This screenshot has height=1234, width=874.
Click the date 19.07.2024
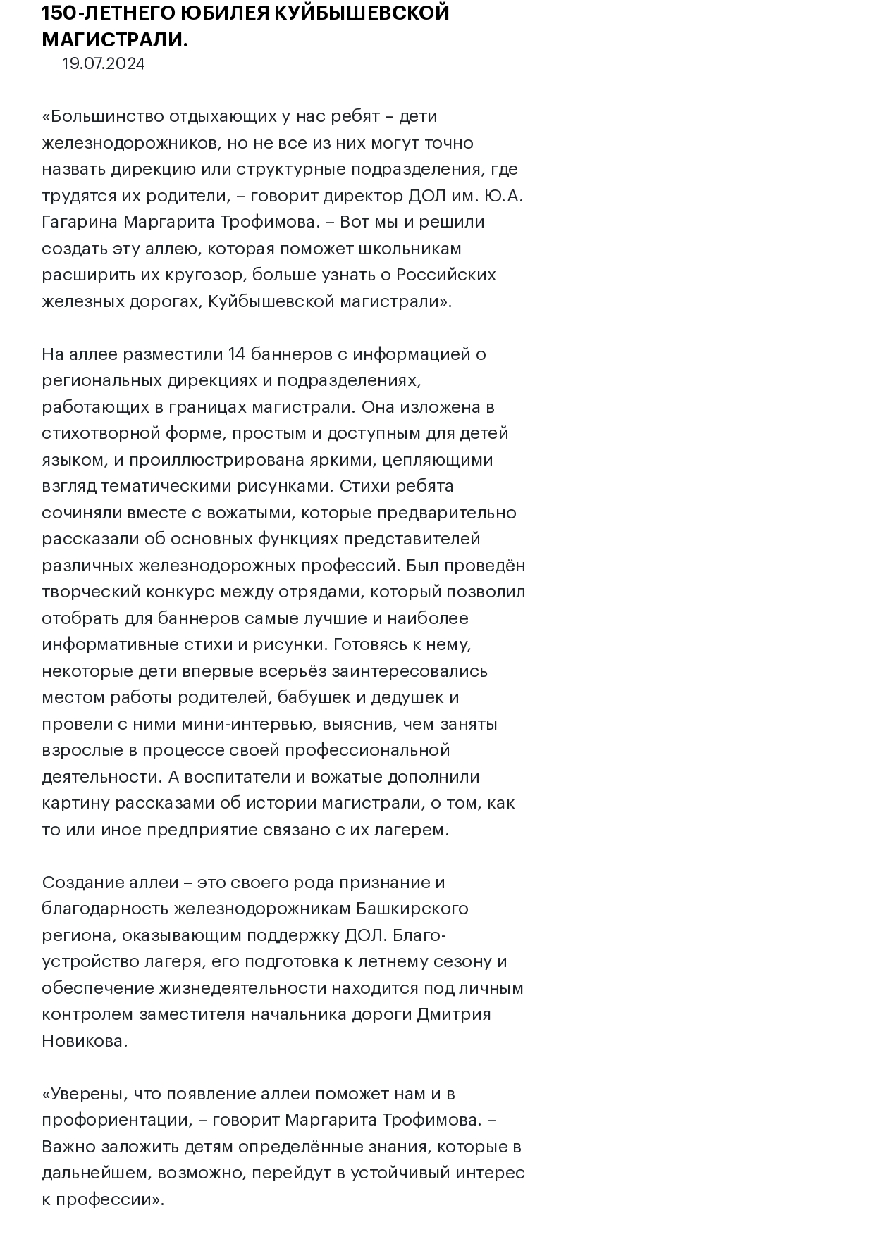(x=103, y=64)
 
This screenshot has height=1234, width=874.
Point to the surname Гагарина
(x=80, y=222)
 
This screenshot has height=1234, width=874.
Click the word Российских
(x=445, y=275)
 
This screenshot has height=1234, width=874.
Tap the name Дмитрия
(x=455, y=1014)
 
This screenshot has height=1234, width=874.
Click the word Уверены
(x=87, y=1094)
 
